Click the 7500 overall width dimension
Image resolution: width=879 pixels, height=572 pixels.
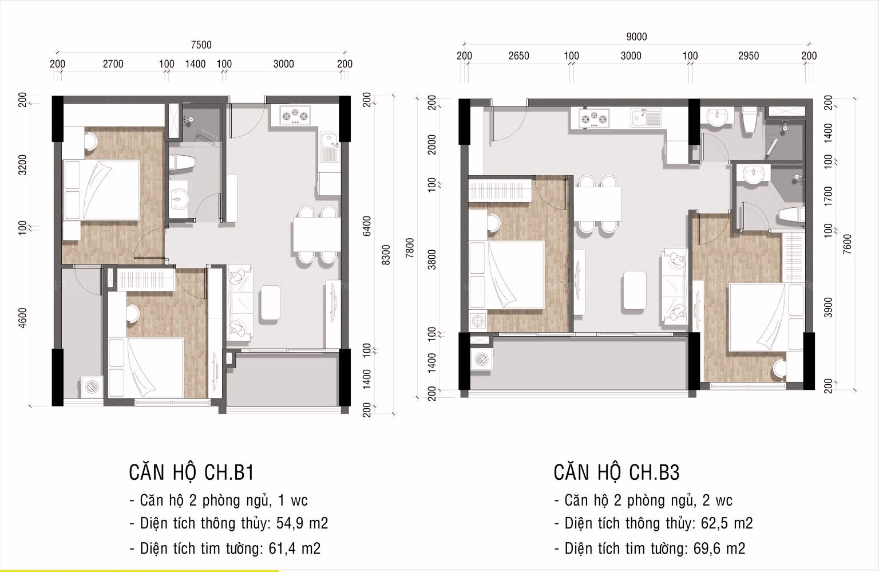point(201,45)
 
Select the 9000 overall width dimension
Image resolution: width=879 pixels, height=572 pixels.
point(636,37)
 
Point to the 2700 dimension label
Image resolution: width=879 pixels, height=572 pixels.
point(113,64)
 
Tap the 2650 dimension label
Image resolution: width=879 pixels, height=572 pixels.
point(518,56)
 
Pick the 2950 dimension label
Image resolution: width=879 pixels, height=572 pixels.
point(748,56)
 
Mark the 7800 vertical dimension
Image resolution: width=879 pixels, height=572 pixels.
point(409,249)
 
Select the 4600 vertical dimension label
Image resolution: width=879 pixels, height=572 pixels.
point(23,318)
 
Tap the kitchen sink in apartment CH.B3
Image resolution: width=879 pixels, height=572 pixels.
point(646,117)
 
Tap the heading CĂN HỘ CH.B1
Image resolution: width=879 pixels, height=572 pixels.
point(191,472)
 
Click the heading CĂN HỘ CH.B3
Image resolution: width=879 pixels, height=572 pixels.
point(616,472)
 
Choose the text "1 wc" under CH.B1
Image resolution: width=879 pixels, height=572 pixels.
point(292,500)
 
